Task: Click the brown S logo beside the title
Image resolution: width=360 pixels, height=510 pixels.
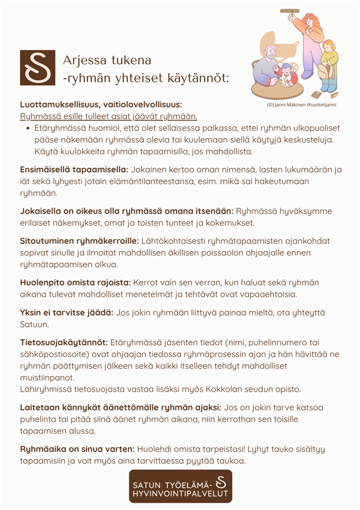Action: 37,67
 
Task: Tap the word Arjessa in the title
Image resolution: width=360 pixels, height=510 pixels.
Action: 81,60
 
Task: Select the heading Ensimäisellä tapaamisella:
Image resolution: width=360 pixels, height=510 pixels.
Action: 74,170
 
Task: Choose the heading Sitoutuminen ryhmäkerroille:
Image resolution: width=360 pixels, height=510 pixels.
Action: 79,240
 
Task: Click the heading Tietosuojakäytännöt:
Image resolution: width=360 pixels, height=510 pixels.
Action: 64,342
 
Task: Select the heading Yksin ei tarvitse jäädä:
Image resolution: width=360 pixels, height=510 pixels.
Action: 66,312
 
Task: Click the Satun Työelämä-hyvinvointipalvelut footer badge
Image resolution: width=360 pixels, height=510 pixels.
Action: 180,486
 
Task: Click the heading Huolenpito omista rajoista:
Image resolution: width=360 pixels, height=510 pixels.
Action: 76,283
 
